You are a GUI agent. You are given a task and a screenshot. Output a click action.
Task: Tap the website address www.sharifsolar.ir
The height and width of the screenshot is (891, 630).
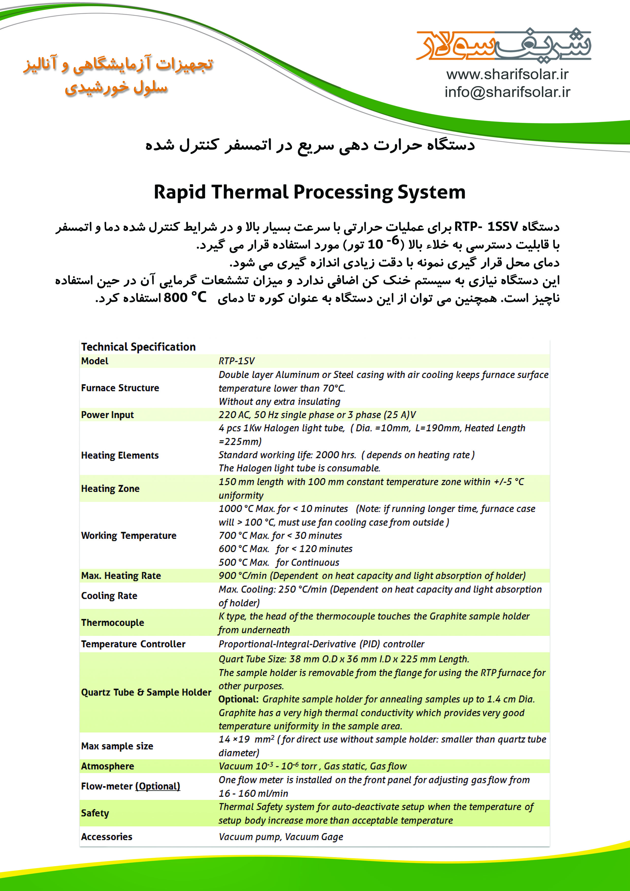pos(507,74)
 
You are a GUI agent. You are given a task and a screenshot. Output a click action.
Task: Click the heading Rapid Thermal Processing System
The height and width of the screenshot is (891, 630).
pos(309,192)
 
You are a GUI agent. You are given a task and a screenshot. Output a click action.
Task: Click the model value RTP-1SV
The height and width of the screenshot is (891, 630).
pos(237,361)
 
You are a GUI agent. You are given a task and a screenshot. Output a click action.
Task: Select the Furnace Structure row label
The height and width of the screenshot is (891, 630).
pos(120,388)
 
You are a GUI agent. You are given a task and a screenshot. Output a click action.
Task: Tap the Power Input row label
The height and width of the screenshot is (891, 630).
pos(107,415)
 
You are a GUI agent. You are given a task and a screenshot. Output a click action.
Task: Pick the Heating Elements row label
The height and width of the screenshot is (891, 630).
pos(120,455)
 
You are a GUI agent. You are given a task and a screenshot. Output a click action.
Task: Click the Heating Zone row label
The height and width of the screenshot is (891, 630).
pos(110,489)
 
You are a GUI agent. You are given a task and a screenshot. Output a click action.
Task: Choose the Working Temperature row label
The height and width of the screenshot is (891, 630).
pos(128,536)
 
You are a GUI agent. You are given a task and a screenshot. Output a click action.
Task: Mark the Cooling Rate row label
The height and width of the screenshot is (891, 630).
pos(109,596)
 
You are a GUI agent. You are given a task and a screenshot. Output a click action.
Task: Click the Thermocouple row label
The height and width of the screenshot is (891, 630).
pos(112,622)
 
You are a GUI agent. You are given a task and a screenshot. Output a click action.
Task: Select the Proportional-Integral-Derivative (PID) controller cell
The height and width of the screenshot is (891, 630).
pos(321,644)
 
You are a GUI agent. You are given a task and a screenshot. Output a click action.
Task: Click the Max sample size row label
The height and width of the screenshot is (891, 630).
pos(117,746)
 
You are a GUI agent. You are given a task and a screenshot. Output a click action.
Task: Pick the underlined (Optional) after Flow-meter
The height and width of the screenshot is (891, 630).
pos(157,786)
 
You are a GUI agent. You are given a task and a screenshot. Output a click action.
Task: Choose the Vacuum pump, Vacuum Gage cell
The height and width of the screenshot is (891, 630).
pos(281,837)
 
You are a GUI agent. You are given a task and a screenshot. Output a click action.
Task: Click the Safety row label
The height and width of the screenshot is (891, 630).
pos(95,813)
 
